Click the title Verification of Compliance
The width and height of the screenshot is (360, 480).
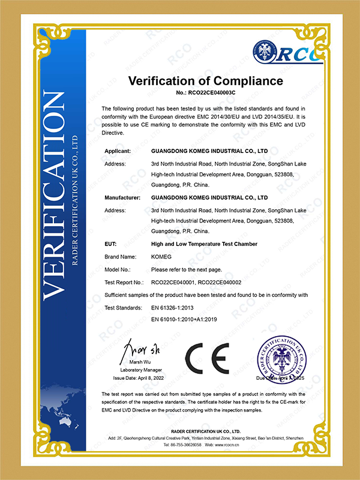coord(206,80)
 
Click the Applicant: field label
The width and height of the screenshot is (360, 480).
coord(118,151)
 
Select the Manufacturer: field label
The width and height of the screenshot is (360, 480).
coord(122,197)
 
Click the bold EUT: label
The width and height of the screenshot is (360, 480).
coord(110,244)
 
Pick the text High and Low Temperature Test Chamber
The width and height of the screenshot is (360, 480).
coord(204,244)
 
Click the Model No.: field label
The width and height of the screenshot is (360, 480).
coord(117,269)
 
